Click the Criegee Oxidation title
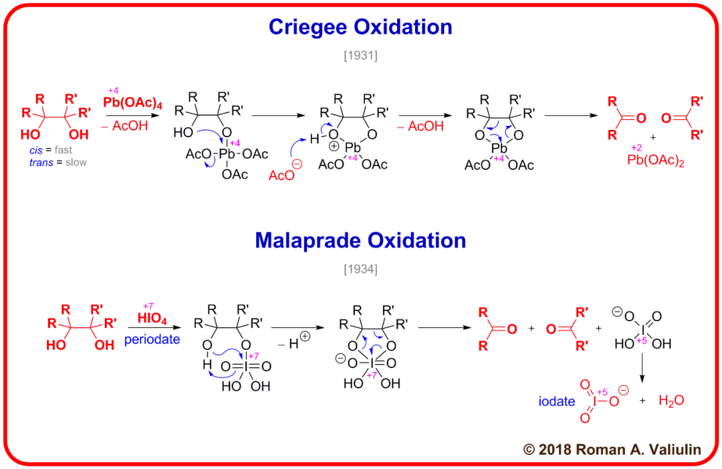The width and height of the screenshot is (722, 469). [x=360, y=27]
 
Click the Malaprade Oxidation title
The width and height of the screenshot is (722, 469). [x=360, y=240]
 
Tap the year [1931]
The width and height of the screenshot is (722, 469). [x=360, y=56]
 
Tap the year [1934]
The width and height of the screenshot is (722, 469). [x=360, y=270]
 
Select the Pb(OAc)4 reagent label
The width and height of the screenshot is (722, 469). [x=134, y=102]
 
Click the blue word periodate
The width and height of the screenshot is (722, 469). [x=152, y=339]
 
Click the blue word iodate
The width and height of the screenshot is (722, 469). [x=557, y=401]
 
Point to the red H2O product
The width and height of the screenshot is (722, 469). [x=671, y=401]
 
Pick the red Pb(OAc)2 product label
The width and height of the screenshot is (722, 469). [x=654, y=161]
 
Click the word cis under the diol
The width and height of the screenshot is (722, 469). [x=37, y=151]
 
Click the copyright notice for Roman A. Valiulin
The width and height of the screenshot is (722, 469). [x=612, y=450]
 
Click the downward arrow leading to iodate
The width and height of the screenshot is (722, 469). [x=642, y=367]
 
